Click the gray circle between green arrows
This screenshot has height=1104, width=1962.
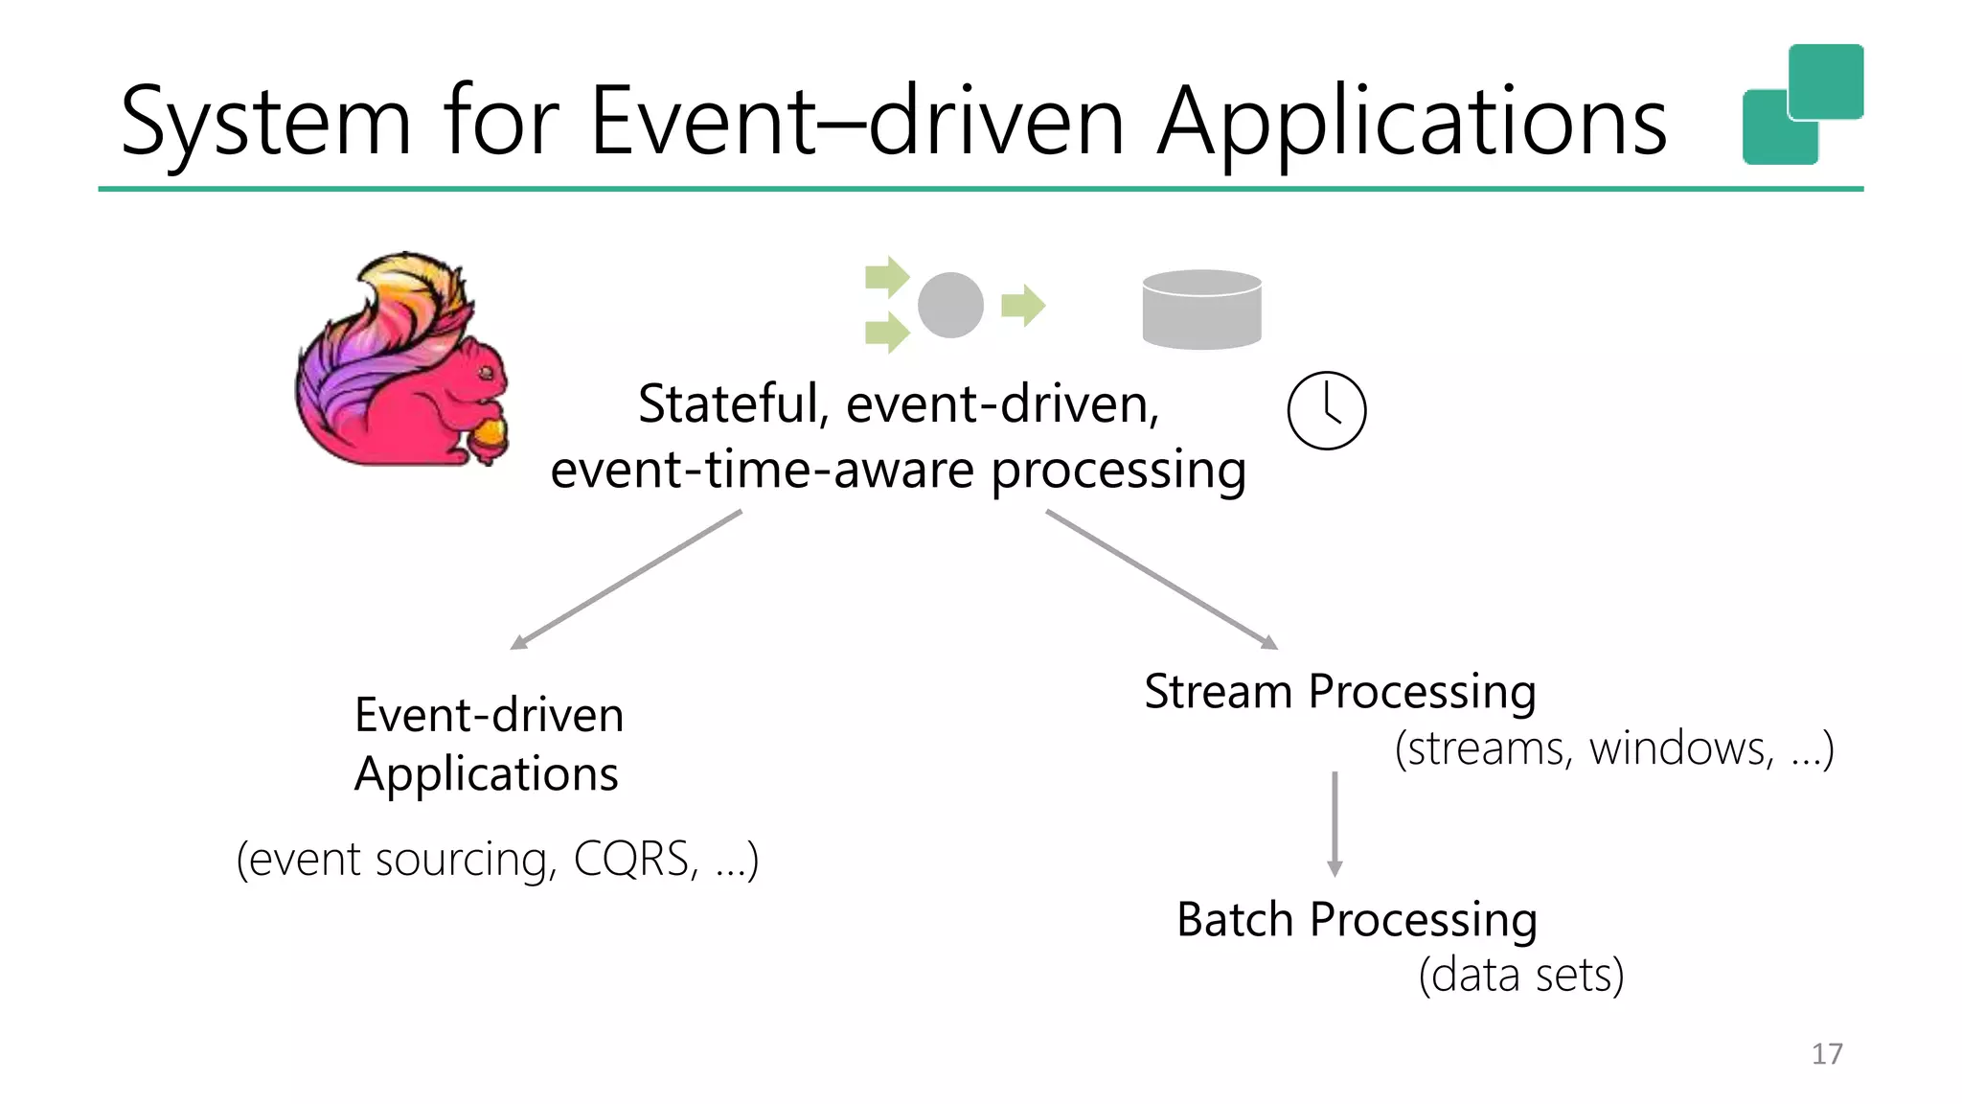(950, 306)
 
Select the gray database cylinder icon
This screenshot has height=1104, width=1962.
(1201, 310)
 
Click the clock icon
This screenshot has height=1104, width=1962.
(1327, 410)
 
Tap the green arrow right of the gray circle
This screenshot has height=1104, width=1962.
(1023, 306)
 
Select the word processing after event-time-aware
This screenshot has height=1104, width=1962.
(1118, 471)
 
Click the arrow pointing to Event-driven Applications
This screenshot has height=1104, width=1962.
(627, 580)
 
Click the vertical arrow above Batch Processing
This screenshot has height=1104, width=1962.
(1335, 824)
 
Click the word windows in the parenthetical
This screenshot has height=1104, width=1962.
(1681, 748)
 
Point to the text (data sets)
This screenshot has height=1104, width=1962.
(1521, 976)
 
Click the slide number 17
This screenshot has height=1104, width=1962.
(1827, 1054)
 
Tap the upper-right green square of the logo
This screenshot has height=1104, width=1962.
(1826, 80)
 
